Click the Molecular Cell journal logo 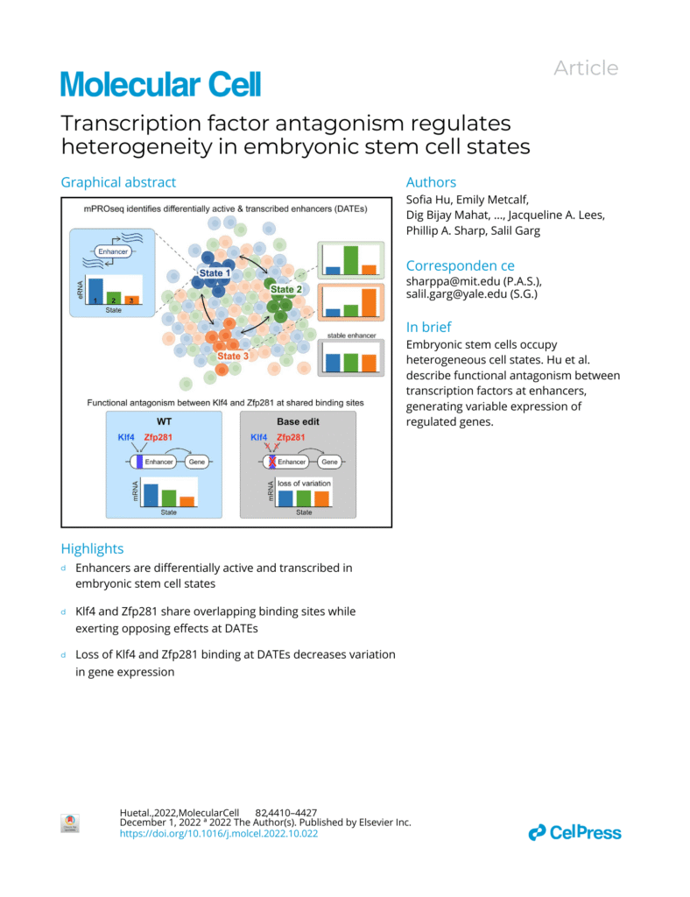pos(160,85)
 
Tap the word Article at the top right pos(586,68)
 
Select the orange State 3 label pos(234,357)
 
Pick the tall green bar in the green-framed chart pos(350,260)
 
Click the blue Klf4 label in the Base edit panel pos(259,437)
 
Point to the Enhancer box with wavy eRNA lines pos(113,251)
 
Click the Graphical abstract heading pos(118,182)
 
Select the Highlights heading pos(92,548)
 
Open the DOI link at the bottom pos(218,833)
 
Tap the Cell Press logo pos(574,832)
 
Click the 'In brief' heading pos(428,327)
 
